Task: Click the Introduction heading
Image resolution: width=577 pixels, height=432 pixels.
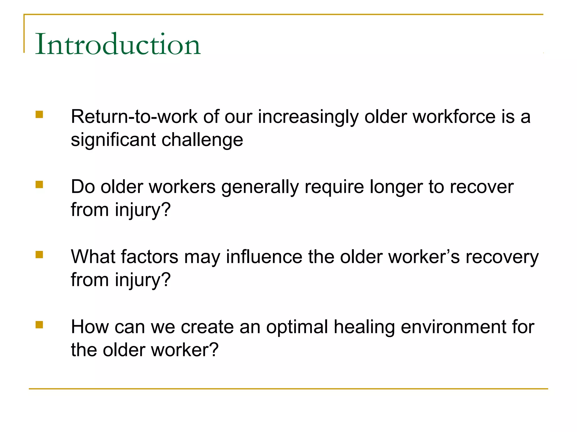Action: (118, 44)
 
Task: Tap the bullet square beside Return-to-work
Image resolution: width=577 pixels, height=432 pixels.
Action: (39, 114)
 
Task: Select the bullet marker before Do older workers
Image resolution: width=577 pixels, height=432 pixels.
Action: (39, 184)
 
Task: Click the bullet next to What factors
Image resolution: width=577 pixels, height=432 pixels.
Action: (39, 255)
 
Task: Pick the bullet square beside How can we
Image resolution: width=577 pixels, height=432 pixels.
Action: (39, 325)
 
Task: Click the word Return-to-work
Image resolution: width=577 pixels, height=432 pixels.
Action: (134, 116)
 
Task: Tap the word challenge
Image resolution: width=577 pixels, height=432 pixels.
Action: (202, 140)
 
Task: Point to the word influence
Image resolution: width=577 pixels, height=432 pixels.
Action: (264, 257)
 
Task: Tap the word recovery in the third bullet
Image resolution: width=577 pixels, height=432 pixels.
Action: (502, 257)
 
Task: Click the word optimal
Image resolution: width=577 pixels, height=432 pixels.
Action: (297, 327)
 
